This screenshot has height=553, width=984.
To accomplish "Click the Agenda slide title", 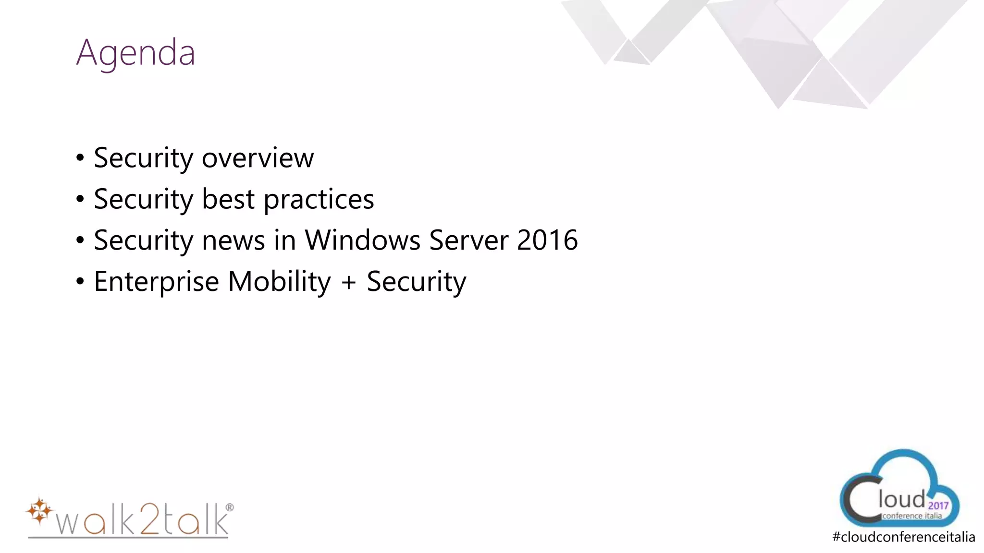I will point(136,53).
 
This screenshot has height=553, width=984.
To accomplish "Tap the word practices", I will point(319,200).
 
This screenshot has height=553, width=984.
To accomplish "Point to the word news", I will point(234,240).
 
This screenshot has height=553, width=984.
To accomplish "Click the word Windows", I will point(362,240).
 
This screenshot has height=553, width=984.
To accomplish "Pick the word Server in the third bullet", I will point(468,240).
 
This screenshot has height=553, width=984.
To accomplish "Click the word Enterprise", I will point(157,282).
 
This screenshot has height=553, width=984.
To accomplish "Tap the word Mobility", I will point(279,282).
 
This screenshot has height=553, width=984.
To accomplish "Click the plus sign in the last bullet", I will point(349,282).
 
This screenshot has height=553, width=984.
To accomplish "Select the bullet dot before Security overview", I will point(80,158).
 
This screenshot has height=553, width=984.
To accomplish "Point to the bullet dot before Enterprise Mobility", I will point(80,282).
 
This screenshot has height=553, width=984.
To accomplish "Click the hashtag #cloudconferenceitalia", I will point(903,537).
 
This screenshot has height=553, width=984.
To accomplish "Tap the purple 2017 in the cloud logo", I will point(938,505).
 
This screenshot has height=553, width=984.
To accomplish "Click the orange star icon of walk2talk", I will point(39,511).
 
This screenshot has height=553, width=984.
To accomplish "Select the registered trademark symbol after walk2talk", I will point(229,507).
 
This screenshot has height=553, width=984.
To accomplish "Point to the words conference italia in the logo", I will point(911,516).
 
